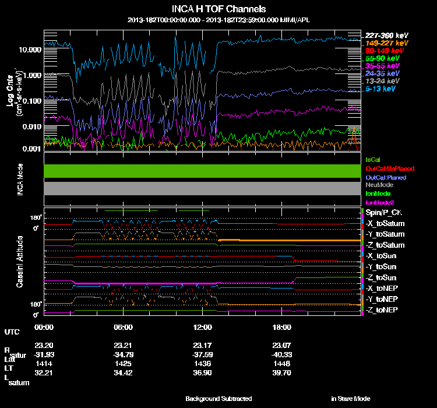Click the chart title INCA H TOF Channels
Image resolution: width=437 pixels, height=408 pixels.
pyautogui.click(x=218, y=9)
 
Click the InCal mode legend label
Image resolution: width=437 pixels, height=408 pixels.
pyautogui.click(x=373, y=159)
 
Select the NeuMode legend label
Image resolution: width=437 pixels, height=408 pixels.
pyautogui.click(x=379, y=185)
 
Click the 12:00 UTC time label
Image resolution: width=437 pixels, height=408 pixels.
pyautogui.click(x=202, y=327)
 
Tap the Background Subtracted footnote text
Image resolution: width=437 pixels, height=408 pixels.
pyautogui.click(x=218, y=399)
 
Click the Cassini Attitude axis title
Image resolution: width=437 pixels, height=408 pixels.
pyautogui.click(x=20, y=261)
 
